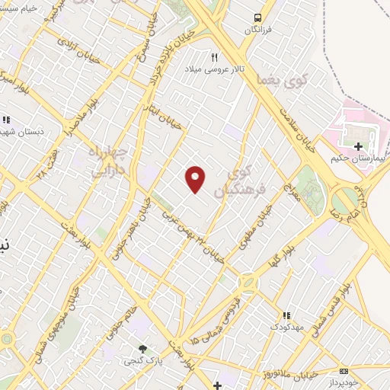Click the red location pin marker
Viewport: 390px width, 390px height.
click(196, 178)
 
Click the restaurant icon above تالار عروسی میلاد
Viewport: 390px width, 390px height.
click(214, 57)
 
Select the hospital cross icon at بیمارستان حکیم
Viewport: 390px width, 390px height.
click(359, 145)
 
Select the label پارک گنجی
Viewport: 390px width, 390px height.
click(139, 360)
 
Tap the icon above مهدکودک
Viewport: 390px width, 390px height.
click(286, 315)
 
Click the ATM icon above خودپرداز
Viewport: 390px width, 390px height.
click(344, 369)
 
